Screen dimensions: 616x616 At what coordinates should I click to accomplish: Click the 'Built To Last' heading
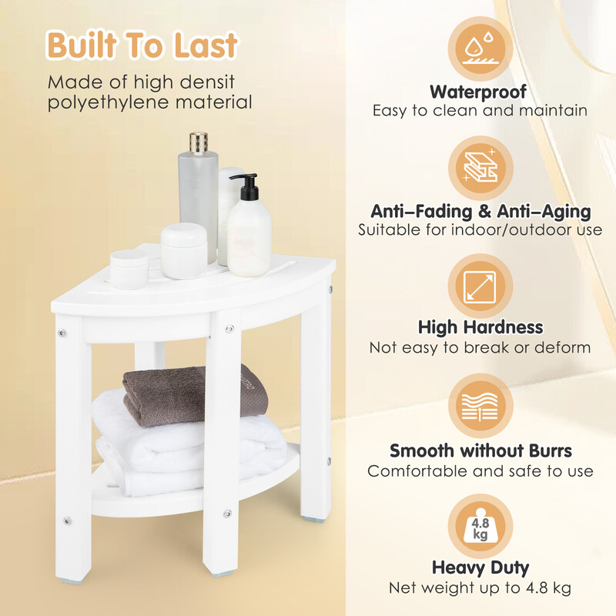pyautogui.click(x=142, y=45)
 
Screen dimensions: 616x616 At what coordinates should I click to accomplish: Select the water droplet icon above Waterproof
pyautogui.click(x=480, y=49)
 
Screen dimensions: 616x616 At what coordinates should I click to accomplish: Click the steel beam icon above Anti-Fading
pyautogui.click(x=480, y=166)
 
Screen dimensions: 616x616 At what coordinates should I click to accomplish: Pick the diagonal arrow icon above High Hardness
pyautogui.click(x=480, y=286)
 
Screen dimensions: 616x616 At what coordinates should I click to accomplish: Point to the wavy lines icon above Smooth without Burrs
pyautogui.click(x=480, y=407)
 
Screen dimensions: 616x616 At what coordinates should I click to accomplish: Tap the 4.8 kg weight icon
pyautogui.click(x=480, y=526)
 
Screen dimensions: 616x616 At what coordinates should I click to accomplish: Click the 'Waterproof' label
pyautogui.click(x=478, y=92)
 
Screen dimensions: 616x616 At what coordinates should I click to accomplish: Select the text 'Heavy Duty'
pyautogui.click(x=480, y=567)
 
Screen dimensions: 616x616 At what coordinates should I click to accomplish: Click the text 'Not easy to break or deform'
pyautogui.click(x=480, y=348)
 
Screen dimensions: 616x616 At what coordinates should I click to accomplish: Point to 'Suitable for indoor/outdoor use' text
pyautogui.click(x=480, y=229)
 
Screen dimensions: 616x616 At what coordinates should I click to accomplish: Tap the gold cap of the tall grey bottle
pyautogui.click(x=199, y=142)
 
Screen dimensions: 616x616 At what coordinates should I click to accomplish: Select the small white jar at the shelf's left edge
pyautogui.click(x=129, y=269)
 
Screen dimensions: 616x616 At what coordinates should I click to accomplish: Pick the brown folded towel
pyautogui.click(x=195, y=395)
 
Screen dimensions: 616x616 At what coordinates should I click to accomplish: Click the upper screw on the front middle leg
pyautogui.click(x=229, y=329)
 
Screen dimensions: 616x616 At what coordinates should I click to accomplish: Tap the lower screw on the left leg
pyautogui.click(x=68, y=521)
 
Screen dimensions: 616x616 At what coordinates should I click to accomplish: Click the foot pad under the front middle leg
pyautogui.click(x=217, y=574)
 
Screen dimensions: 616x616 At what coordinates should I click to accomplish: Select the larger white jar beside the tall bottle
pyautogui.click(x=184, y=251)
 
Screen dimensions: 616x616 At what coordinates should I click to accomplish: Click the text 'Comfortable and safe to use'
pyautogui.click(x=480, y=471)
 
